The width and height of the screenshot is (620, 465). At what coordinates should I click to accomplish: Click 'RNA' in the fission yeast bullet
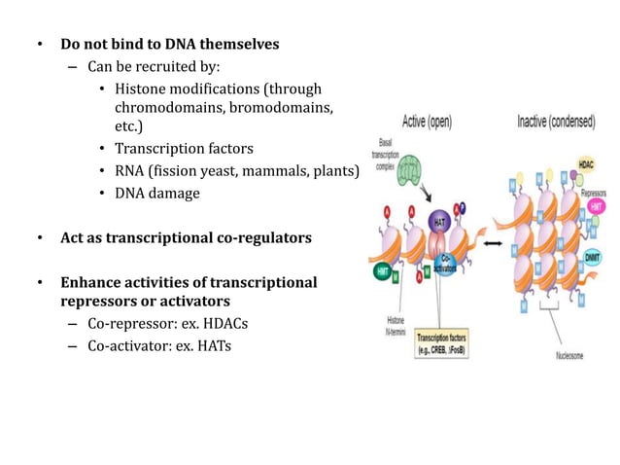[130, 171]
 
